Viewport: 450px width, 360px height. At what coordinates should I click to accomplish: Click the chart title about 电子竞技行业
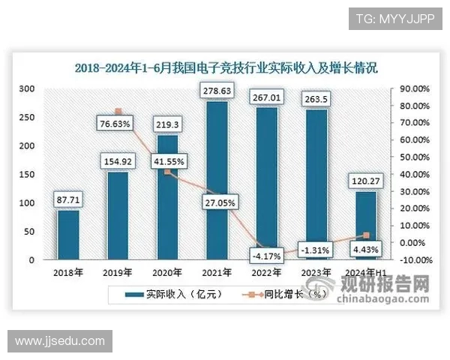(x=226, y=67)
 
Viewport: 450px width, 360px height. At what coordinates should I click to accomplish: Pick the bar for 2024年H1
(x=365, y=225)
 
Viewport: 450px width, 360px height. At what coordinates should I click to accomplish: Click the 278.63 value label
(x=217, y=91)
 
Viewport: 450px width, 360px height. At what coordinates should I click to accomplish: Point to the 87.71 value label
(x=68, y=199)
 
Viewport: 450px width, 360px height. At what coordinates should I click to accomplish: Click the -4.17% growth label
(x=266, y=256)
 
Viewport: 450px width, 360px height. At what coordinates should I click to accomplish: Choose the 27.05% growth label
(x=217, y=202)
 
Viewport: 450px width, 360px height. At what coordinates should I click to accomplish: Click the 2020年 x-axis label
(x=167, y=272)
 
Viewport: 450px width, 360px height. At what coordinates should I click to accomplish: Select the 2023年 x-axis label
(x=316, y=272)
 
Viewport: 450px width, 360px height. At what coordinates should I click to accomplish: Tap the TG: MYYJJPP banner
(x=390, y=18)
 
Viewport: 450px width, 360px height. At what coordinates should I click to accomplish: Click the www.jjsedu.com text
(x=60, y=341)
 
